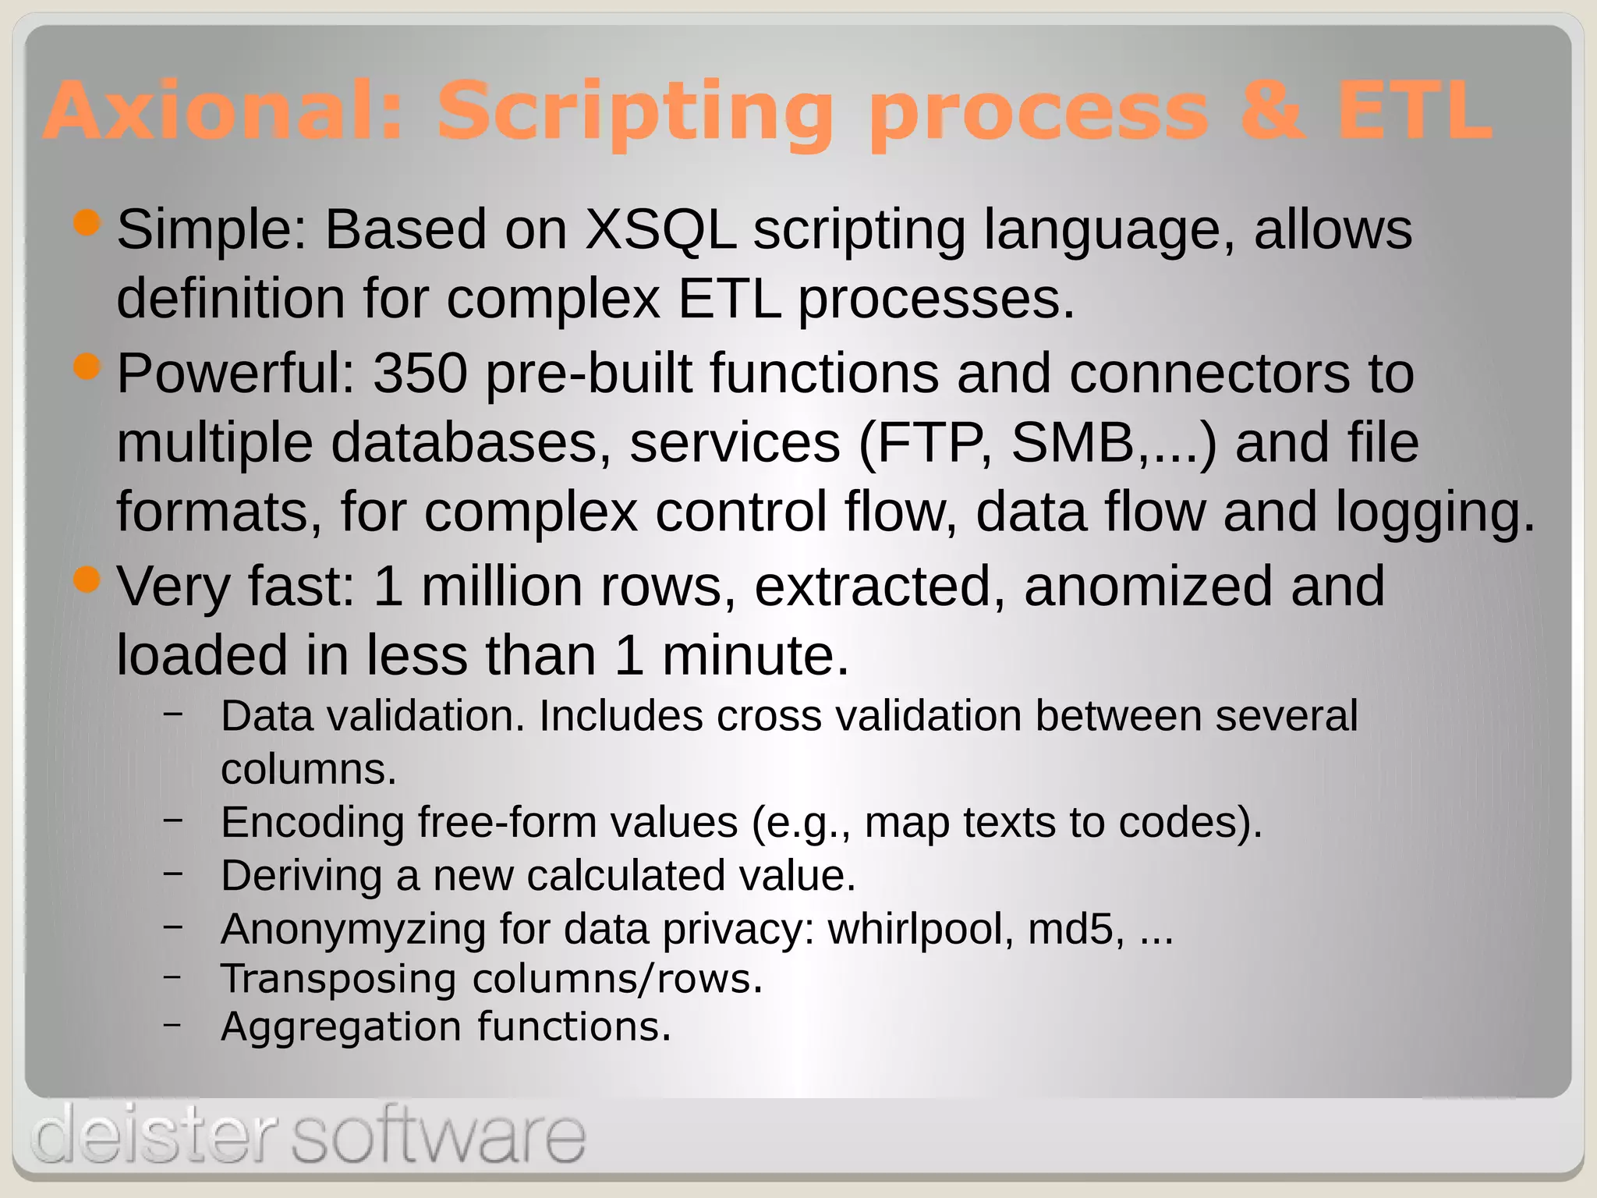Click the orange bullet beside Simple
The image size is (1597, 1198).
click(x=87, y=224)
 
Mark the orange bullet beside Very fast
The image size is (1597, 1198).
click(x=87, y=580)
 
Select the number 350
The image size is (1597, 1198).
click(x=420, y=373)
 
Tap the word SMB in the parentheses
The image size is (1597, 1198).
click(x=1072, y=442)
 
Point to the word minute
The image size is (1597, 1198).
click(x=755, y=655)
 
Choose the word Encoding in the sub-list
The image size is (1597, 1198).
click(x=313, y=823)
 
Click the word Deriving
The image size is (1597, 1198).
click(x=301, y=875)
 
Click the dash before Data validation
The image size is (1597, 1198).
click(x=174, y=712)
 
